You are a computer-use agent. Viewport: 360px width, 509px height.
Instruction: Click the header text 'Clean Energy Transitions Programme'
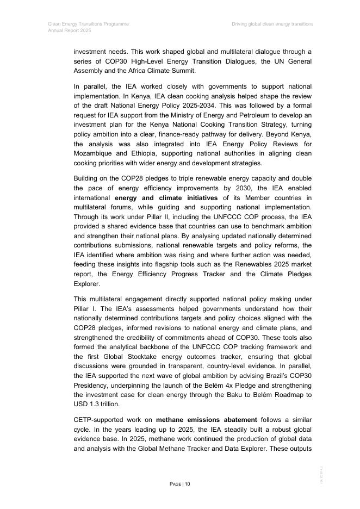(88, 24)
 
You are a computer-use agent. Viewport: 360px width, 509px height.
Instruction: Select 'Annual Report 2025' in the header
(70, 31)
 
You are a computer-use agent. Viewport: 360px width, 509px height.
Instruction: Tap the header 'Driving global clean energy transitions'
(272, 24)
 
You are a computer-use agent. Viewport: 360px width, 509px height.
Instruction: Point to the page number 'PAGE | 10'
(180, 484)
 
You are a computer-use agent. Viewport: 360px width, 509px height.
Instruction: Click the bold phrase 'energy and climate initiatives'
(166, 198)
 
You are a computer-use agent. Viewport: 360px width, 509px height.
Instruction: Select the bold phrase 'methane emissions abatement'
(207, 420)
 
